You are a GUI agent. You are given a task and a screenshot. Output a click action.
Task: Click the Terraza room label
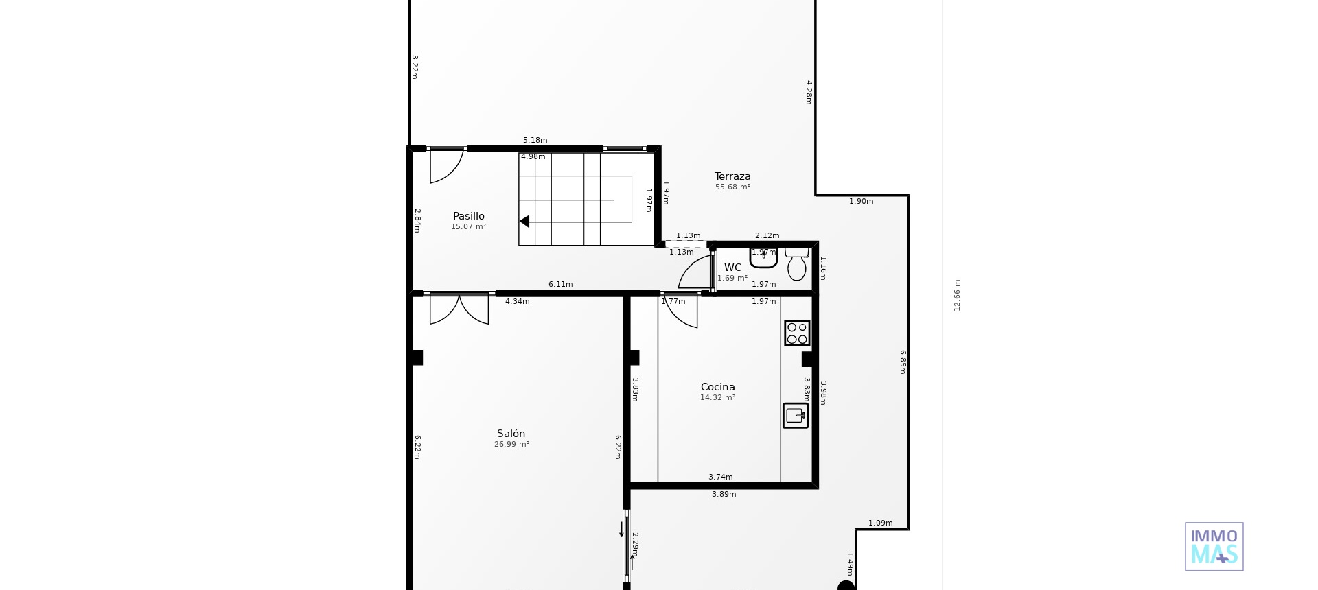tap(732, 176)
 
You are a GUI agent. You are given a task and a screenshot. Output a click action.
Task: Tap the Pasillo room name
tap(468, 216)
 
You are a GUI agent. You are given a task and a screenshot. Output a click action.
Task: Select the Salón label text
tap(511, 434)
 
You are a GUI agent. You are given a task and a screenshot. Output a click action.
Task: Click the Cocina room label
tap(717, 387)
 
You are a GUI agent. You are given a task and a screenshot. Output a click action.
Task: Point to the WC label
tap(732, 268)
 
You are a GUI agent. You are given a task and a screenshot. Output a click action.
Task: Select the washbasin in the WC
tap(763, 259)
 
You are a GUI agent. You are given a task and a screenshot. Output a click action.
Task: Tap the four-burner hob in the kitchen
tap(797, 333)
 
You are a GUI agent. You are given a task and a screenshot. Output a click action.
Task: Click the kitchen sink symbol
tap(796, 416)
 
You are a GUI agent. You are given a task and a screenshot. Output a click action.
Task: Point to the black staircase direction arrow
tap(524, 222)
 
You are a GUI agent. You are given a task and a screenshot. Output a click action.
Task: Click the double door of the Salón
tap(459, 308)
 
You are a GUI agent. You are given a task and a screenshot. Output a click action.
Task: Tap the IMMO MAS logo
tap(1214, 547)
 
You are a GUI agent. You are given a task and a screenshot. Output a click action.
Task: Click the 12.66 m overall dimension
tap(958, 295)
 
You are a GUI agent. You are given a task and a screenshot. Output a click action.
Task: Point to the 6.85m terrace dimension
tap(903, 362)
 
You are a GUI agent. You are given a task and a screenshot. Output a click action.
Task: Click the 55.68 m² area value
tap(732, 187)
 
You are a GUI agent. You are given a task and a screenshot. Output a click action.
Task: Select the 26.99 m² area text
tap(511, 445)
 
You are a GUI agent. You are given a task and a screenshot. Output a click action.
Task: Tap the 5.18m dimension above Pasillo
tap(535, 141)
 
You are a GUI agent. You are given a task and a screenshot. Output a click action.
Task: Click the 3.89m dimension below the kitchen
tap(724, 495)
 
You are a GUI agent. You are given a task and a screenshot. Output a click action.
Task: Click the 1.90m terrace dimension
tap(861, 202)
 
